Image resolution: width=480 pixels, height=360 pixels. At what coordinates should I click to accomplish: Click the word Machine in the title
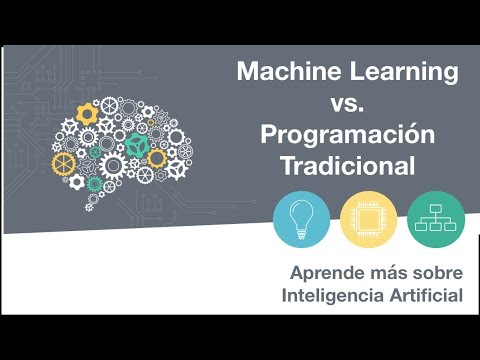286,72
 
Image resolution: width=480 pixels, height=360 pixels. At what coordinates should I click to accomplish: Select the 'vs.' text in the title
349,103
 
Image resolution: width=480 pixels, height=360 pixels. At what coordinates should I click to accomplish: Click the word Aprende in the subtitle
322,272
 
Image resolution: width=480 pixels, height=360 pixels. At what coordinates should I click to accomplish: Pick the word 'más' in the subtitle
381,272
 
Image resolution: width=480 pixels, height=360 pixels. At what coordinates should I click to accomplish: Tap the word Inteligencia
334,296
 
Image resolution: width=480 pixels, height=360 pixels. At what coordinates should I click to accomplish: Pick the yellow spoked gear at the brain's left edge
64,161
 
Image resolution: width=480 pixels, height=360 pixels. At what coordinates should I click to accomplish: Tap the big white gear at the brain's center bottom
112,164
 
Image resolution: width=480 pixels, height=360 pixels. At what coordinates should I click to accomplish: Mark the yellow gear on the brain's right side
156,157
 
